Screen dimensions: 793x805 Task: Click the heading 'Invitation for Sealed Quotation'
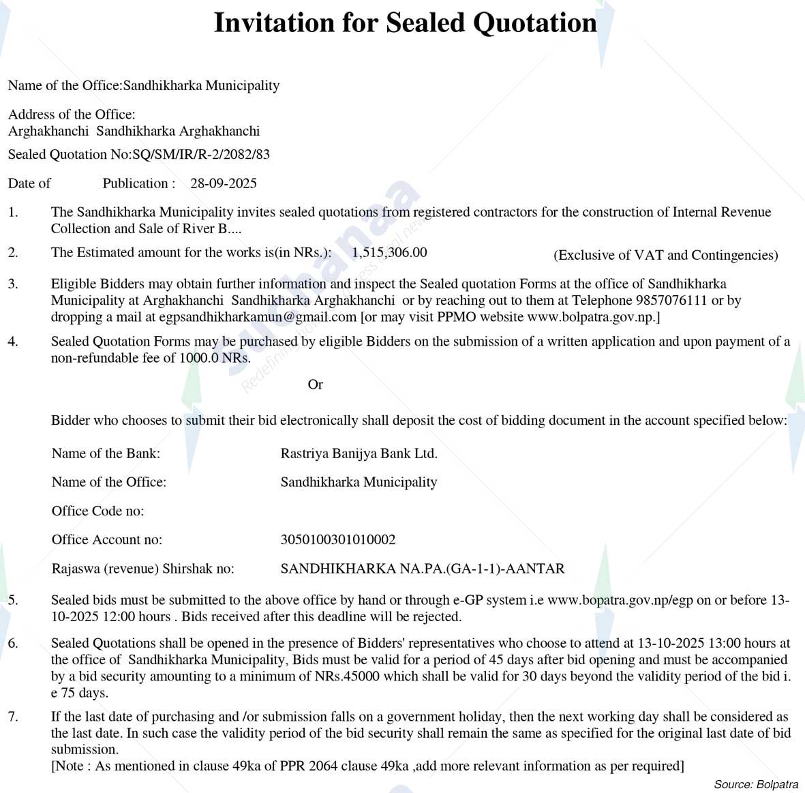click(405, 23)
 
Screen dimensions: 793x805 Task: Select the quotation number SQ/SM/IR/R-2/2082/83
click(201, 154)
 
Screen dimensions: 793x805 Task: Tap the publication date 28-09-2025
click(224, 183)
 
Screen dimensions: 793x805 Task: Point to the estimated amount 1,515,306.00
click(389, 252)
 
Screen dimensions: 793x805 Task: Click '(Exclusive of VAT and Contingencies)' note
click(665, 255)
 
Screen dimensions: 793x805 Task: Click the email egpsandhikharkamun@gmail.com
click(258, 316)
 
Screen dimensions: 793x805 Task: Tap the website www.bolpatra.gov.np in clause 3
click(590, 316)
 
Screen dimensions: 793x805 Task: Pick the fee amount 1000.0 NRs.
click(214, 357)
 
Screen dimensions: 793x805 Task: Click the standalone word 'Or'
click(315, 385)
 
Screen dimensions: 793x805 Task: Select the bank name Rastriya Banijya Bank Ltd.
click(359, 453)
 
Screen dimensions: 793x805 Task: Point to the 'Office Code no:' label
click(97, 511)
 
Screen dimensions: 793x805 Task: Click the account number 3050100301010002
click(337, 539)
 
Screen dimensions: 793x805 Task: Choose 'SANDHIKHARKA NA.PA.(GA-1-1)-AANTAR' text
click(422, 568)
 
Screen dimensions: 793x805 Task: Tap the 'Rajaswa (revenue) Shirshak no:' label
click(142, 568)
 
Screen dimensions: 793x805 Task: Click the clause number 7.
click(13, 717)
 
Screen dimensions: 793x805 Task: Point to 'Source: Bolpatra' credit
click(756, 784)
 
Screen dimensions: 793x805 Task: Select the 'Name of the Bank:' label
click(106, 453)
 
